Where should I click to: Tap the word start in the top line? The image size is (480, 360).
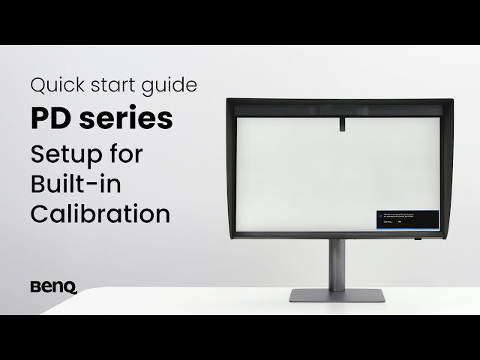tap(112, 85)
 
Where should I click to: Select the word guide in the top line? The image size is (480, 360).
tap(172, 85)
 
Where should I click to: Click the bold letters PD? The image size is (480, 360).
tap(49, 118)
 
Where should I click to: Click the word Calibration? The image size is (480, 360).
tap(100, 213)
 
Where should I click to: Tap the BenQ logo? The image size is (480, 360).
tap(53, 286)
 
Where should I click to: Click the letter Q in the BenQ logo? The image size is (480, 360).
tap(70, 287)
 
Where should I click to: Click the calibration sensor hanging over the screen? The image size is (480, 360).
tap(340, 121)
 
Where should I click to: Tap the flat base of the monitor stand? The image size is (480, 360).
tap(337, 295)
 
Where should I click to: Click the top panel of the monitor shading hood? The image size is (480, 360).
tap(337, 103)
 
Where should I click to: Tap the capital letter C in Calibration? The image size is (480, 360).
tap(40, 213)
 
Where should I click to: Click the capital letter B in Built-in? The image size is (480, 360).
tap(39, 184)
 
